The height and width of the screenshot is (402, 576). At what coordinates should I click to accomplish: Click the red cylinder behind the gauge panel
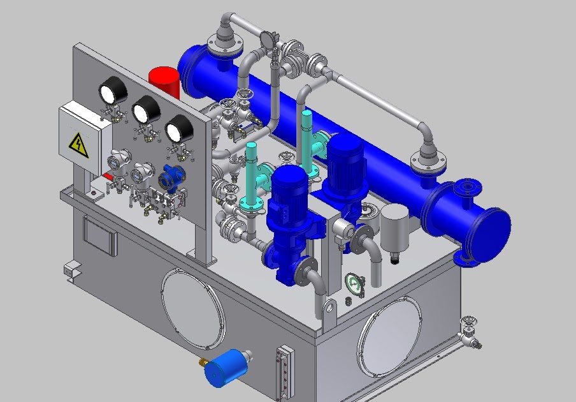(164, 82)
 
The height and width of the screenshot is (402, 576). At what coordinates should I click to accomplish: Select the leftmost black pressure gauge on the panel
(112, 91)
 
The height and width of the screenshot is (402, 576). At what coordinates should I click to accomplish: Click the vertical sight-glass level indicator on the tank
(284, 371)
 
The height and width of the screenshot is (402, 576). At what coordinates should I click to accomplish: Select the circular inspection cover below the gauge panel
(192, 309)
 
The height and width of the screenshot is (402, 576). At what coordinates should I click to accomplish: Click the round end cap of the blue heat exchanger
(491, 230)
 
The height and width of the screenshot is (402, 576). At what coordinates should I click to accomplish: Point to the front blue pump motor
(290, 191)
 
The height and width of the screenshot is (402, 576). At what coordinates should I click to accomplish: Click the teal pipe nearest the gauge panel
(251, 172)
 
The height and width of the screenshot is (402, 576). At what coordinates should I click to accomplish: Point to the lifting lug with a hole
(328, 309)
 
